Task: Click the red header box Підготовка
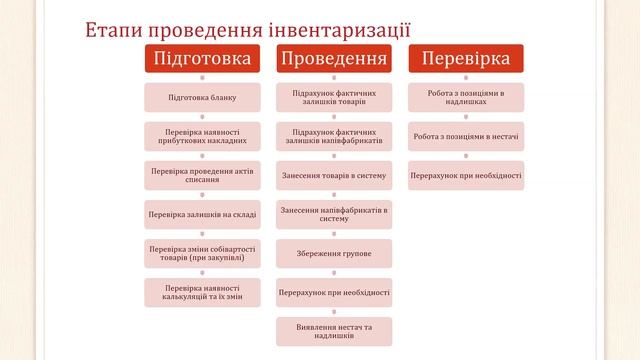(x=201, y=59)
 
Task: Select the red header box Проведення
(x=334, y=59)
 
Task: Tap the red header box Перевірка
(x=465, y=59)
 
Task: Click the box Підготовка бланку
(x=201, y=98)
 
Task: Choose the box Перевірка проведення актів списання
(x=201, y=175)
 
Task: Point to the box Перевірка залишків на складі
(x=201, y=215)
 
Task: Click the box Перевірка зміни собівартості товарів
(x=201, y=253)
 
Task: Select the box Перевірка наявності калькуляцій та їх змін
(x=201, y=292)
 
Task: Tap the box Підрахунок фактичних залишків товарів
(x=334, y=98)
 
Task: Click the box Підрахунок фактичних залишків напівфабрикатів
(x=334, y=136)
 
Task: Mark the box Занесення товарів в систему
(x=334, y=175)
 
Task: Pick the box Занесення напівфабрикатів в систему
(x=334, y=215)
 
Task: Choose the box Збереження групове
(x=334, y=253)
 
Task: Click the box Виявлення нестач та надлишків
(x=334, y=331)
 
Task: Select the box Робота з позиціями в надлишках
(x=465, y=98)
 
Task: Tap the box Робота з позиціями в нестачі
(x=465, y=136)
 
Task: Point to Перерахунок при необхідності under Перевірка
(x=465, y=175)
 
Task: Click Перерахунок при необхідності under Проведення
(x=334, y=292)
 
